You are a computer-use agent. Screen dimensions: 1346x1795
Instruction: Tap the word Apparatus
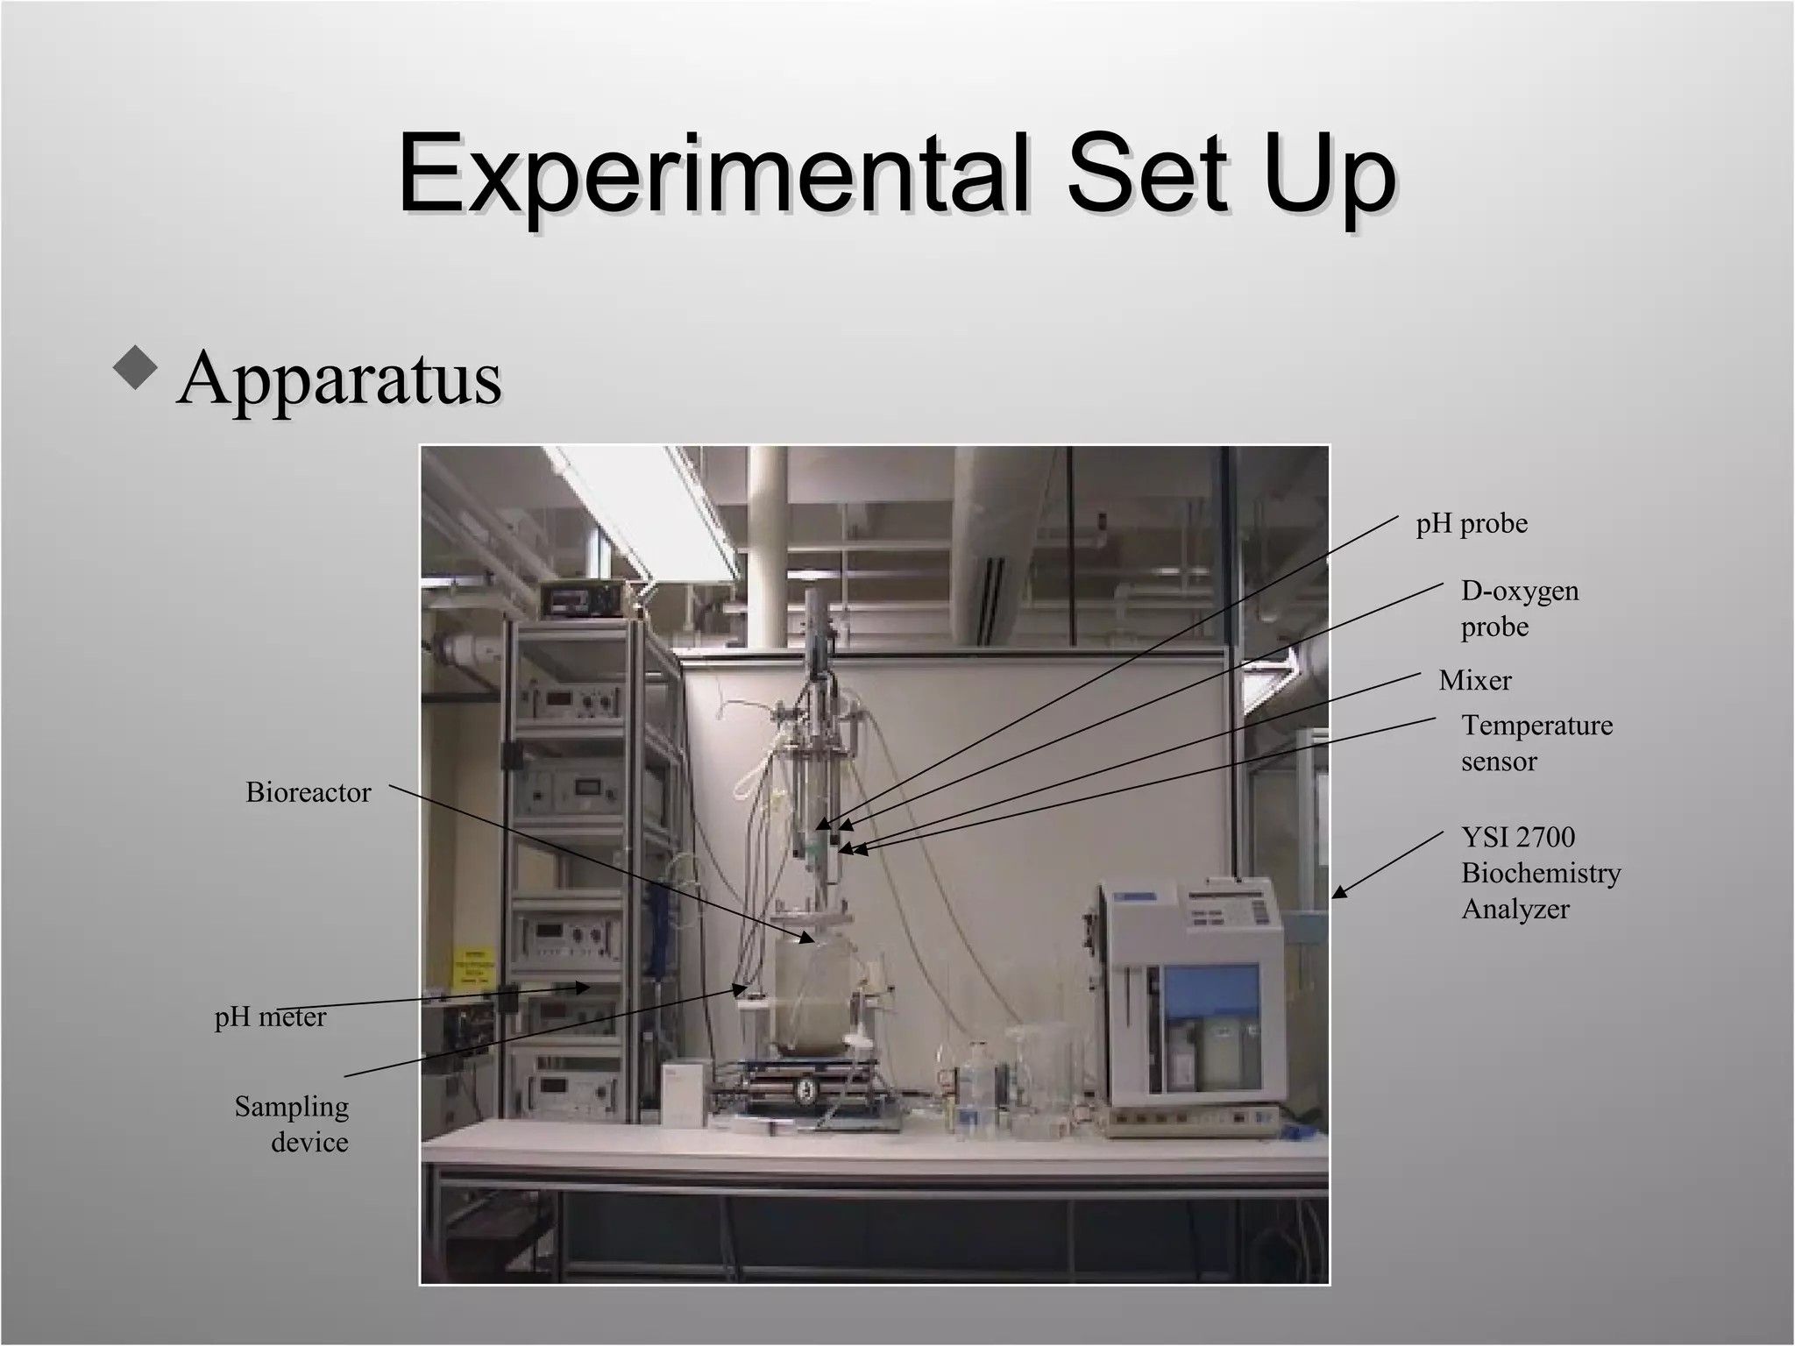(x=339, y=378)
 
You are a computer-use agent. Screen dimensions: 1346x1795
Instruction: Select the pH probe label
(x=1472, y=524)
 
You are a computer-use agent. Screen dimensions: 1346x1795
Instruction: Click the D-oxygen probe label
(x=1519, y=608)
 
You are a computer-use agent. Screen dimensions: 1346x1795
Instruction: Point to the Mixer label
(x=1475, y=680)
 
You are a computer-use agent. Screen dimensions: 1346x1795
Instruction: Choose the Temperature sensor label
(x=1536, y=742)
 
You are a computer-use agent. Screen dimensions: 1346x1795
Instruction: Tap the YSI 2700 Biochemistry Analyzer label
(x=1540, y=873)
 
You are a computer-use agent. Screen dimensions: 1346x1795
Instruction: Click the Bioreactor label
(x=308, y=792)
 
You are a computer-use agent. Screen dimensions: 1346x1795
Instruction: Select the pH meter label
(x=270, y=1017)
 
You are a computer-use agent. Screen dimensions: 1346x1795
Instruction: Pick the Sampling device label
(x=293, y=1123)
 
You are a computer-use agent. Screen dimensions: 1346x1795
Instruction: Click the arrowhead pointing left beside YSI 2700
(x=1337, y=892)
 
